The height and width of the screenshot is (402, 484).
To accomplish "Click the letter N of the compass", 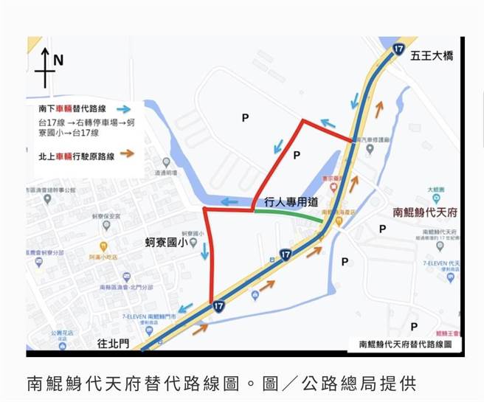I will [59, 60].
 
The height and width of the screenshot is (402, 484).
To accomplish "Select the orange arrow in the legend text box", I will [128, 154].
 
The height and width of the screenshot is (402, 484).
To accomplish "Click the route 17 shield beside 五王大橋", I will [398, 49].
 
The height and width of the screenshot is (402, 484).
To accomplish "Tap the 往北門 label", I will [113, 344].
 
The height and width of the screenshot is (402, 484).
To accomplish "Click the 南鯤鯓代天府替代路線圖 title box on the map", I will [405, 344].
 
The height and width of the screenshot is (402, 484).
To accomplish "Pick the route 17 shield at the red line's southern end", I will [217, 305].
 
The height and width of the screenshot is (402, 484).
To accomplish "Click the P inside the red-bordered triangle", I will [297, 155].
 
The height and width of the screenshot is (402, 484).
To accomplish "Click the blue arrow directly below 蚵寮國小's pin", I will [204, 254].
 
